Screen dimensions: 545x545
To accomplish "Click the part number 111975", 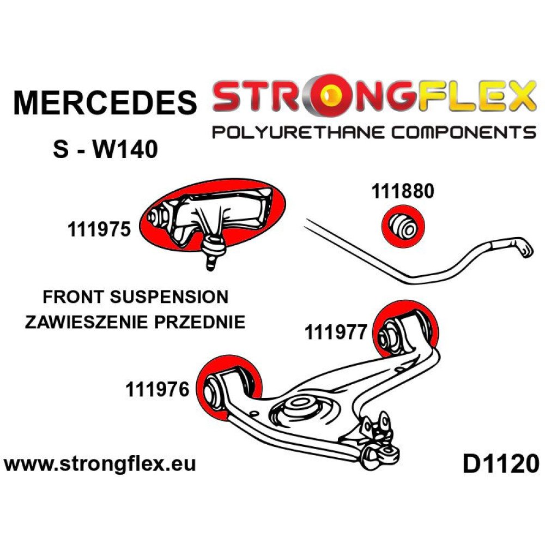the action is coord(99,229).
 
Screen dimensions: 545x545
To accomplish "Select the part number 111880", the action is coord(403,191).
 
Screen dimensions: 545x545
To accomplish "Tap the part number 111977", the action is coord(336,332).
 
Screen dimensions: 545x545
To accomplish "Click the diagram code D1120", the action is coord(501,464).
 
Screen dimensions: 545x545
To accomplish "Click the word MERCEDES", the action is coord(105,102).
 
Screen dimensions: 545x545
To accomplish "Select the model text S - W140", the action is coord(105,149).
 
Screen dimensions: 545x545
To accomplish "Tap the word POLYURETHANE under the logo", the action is coord(299,132).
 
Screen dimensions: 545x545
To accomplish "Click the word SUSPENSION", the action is coord(169,297).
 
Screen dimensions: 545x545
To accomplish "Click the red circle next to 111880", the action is coord(403,227).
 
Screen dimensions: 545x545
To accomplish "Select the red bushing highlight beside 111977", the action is coord(405,329).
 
